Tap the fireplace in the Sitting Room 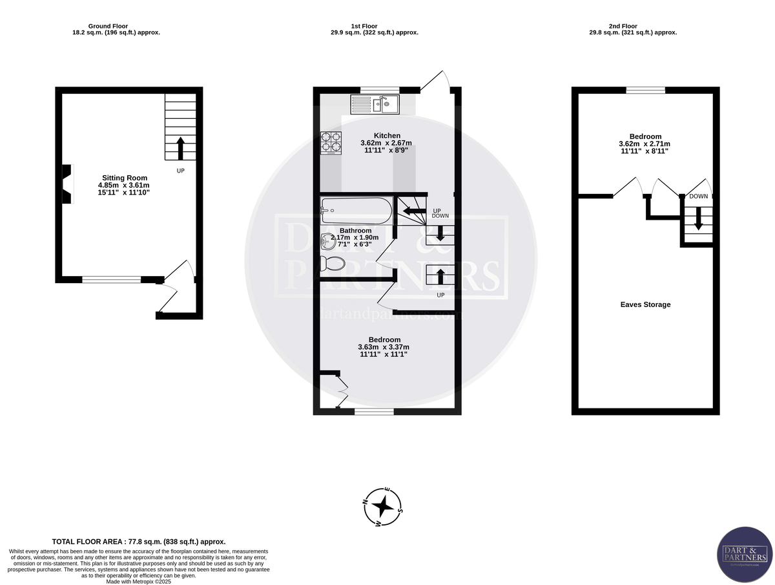(x=65, y=184)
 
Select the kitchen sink (x=376, y=103)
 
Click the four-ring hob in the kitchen (x=331, y=144)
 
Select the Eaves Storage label (x=645, y=304)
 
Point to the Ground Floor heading (x=116, y=26)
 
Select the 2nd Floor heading (x=632, y=26)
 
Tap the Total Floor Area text (x=138, y=542)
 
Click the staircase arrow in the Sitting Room (x=180, y=147)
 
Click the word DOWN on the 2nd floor (x=698, y=197)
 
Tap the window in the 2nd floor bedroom (x=645, y=90)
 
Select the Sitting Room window (x=111, y=280)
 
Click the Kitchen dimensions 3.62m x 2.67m (x=387, y=143)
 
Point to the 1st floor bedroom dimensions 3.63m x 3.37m (x=384, y=347)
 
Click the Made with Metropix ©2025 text (x=138, y=580)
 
